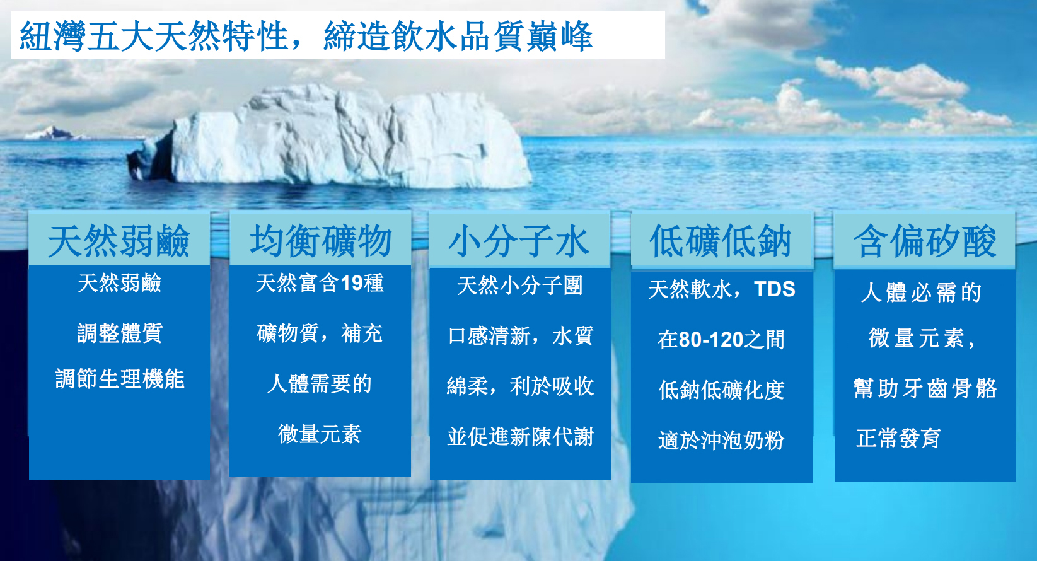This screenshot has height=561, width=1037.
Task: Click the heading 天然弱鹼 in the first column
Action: click(x=119, y=241)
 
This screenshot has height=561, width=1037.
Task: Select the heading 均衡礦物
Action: click(x=320, y=241)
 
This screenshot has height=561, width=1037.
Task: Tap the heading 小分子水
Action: click(x=519, y=241)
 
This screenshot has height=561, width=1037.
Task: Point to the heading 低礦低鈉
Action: click(x=721, y=241)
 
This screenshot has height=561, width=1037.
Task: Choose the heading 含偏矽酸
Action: click(x=925, y=241)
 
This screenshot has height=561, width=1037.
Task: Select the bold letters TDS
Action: click(x=775, y=289)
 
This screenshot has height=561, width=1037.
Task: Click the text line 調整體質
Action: click(x=120, y=333)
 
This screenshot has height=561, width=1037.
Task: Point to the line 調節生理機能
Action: click(x=120, y=379)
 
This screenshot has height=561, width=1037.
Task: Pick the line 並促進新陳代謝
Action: click(x=520, y=436)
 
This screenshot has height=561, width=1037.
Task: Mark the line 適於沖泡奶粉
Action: click(x=721, y=440)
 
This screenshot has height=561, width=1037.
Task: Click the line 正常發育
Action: click(x=898, y=438)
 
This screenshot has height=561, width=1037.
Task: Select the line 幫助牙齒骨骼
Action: click(x=925, y=388)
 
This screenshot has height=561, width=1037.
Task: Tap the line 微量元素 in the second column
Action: click(x=320, y=434)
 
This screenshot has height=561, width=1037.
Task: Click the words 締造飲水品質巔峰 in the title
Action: click(x=458, y=36)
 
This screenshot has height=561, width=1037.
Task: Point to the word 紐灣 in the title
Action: click(x=52, y=36)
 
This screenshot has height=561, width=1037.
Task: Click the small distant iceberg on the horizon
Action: click(x=50, y=133)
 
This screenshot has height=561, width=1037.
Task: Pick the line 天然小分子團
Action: click(x=520, y=286)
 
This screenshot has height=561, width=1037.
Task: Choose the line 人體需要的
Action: click(x=320, y=384)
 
